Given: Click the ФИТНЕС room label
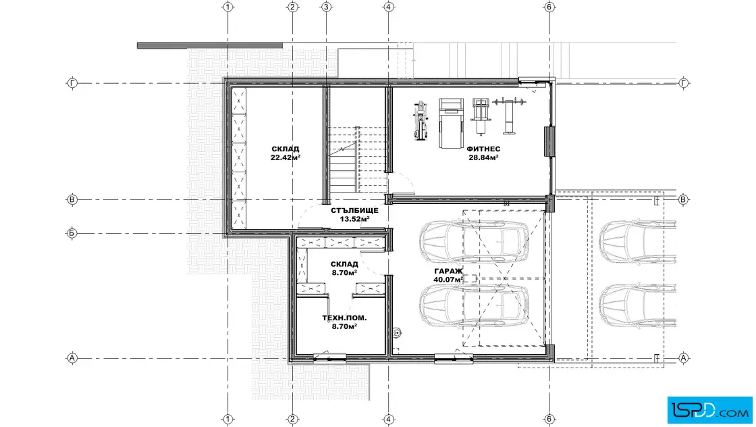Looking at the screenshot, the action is point(483,149).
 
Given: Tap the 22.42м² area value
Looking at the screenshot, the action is point(286,157).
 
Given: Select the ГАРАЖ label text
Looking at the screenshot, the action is point(448,271).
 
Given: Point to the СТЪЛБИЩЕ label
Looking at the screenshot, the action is point(354,210).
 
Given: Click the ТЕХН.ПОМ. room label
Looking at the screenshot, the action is point(344,318).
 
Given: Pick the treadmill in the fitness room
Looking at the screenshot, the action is point(451,123).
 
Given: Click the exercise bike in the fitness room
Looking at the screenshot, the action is point(421,121).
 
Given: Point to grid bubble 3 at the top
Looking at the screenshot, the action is point(327,7).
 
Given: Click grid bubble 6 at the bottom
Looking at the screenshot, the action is point(549,419).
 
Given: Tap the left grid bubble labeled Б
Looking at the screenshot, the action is point(72,234).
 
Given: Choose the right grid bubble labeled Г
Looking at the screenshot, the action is point(684,84).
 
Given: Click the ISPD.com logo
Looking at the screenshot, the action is point(709,410).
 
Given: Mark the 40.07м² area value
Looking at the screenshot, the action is point(448,279).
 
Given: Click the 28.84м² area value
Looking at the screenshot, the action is point(483,157).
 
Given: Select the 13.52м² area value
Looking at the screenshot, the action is point(355,218).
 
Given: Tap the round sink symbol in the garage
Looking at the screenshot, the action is point(398,332).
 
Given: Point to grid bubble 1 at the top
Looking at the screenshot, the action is point(228,7).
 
